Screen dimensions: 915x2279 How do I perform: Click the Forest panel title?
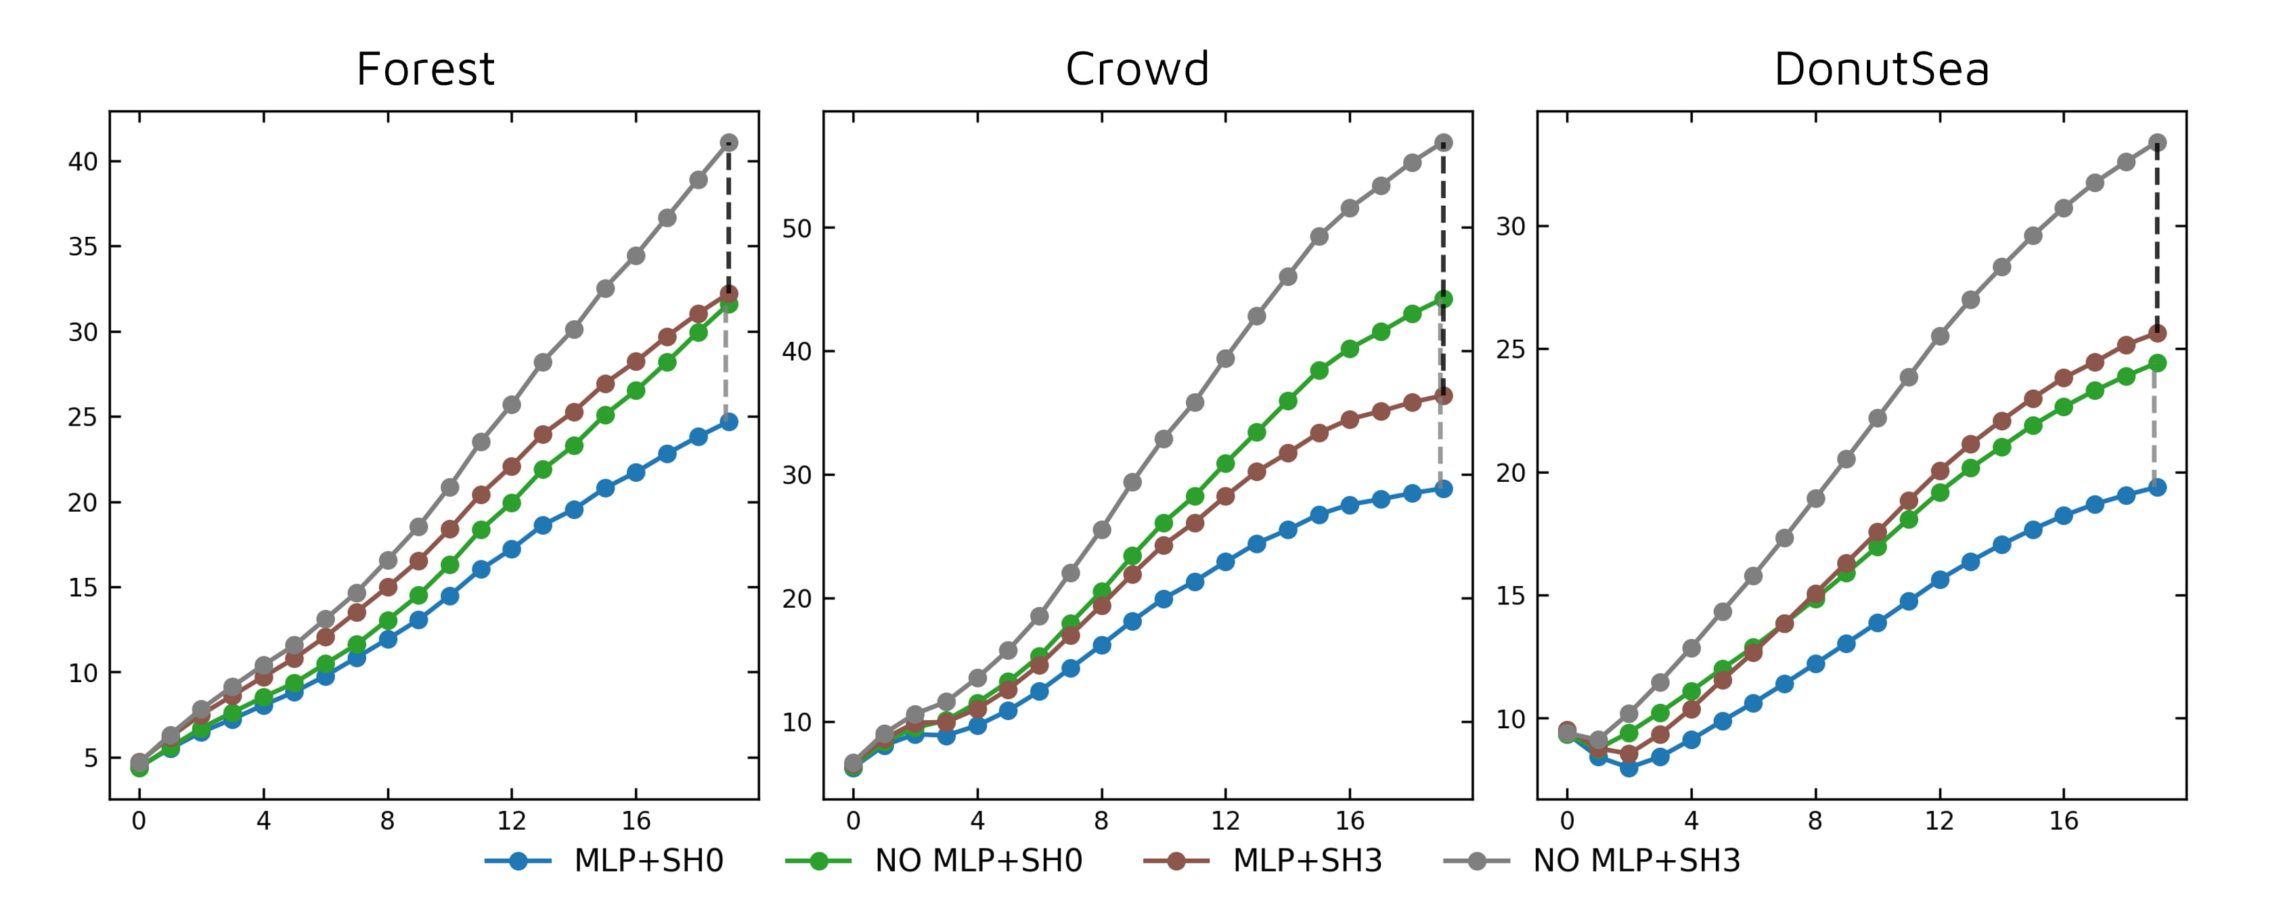coord(426,69)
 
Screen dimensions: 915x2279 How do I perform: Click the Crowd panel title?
coord(1137,69)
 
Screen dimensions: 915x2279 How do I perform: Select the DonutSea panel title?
coord(1882,69)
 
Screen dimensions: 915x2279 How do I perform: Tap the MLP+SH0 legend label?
coord(648,860)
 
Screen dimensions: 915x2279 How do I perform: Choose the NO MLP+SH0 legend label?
coord(979,860)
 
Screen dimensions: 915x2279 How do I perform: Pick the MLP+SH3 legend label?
coord(1308,860)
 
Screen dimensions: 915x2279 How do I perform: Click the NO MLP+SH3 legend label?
coord(1637,860)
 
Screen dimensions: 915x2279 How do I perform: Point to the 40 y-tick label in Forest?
coord(83,162)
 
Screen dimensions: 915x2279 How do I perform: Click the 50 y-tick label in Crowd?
coord(797,228)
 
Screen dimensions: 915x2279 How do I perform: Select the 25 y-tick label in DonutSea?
coord(1511,349)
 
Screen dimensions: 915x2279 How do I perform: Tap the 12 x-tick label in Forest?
coord(511,821)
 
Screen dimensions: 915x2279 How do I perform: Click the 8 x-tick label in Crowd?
coord(1101,821)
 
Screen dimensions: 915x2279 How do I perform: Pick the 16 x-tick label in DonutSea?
coord(2064,821)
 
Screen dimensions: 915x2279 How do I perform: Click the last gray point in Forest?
coord(729,143)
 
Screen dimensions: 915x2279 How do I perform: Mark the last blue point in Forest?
coord(729,422)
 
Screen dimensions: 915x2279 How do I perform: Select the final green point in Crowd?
coord(1443,299)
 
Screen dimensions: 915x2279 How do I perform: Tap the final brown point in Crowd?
coord(1443,395)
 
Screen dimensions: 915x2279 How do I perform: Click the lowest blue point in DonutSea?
coord(1629,768)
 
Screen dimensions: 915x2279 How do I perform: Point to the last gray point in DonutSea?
coord(2157,143)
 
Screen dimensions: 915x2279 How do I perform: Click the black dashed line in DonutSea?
coord(2157,239)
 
